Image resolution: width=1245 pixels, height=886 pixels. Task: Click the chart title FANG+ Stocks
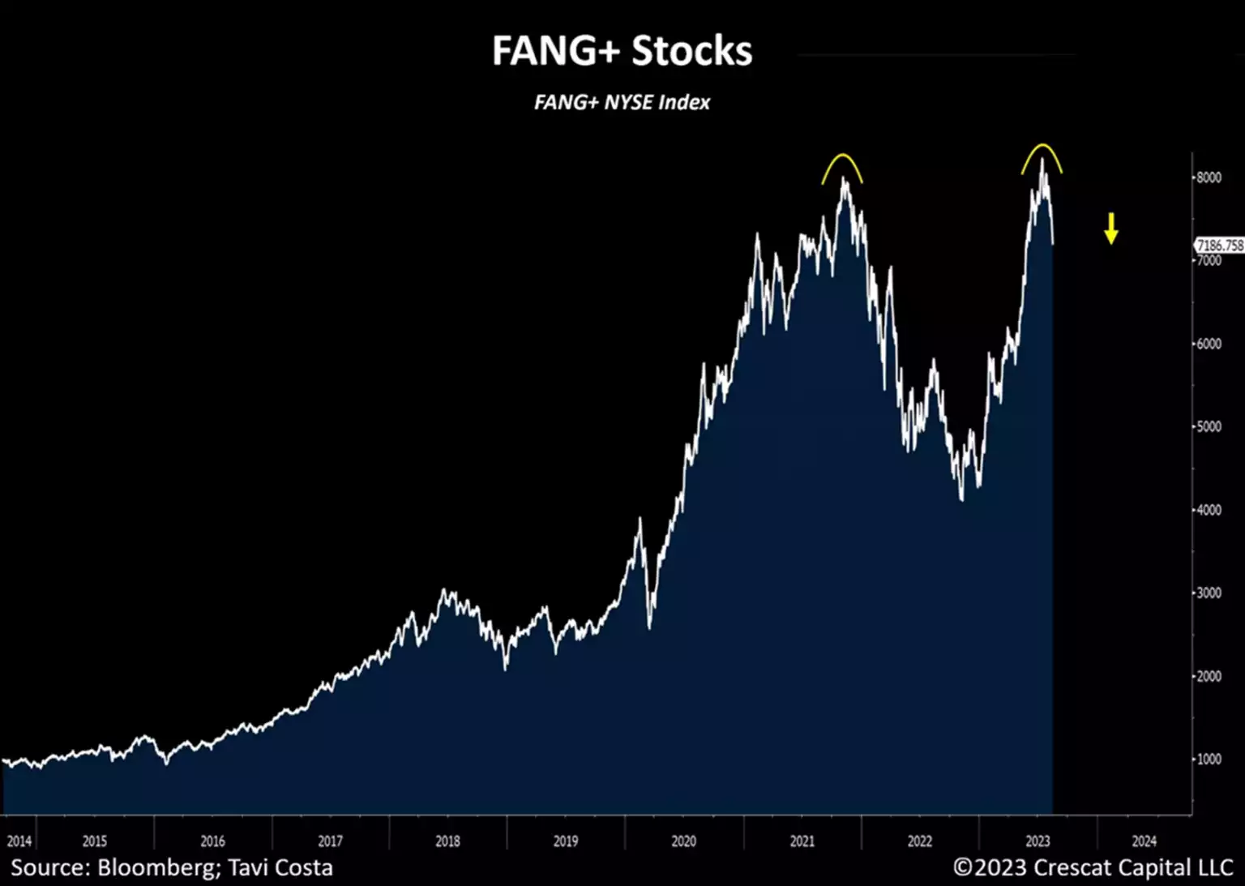coord(622,51)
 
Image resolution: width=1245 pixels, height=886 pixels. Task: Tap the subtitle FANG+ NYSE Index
coord(622,103)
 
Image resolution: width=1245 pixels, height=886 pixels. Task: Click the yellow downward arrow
coord(1110,229)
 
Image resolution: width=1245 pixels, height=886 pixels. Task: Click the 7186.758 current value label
coord(1220,245)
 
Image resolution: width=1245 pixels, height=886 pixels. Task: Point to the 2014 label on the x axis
coord(19,841)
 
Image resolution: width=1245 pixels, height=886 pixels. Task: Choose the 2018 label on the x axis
coord(447,841)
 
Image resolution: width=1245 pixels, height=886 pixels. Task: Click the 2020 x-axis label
coord(683,841)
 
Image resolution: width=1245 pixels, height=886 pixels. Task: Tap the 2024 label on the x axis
coord(1144,841)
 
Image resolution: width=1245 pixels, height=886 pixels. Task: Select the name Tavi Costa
coord(280,868)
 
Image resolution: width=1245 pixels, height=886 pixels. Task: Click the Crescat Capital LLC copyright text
coord(1093,868)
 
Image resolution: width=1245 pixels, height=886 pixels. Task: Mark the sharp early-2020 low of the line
coord(649,627)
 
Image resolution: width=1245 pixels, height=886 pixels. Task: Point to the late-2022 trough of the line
coord(961,499)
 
